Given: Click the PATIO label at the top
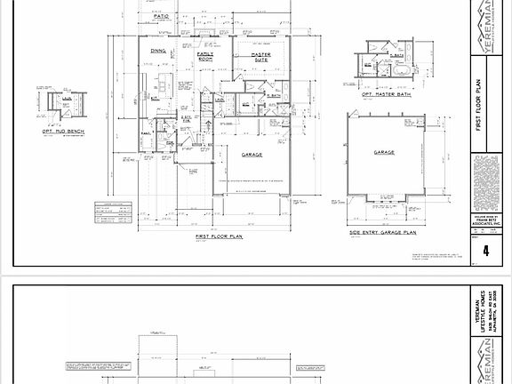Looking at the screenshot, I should tap(161, 16).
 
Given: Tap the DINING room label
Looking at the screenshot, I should tap(158, 52).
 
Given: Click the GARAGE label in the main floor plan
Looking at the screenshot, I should tap(252, 154).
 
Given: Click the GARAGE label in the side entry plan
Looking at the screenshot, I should tap(384, 153).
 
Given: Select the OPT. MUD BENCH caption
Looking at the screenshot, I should tap(60, 130).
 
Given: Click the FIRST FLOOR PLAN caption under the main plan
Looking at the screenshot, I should tap(220, 237).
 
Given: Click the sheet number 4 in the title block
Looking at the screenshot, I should tap(485, 252).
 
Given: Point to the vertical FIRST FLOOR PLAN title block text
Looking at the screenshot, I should tap(485, 107).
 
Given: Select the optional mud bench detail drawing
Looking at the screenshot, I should tap(60, 105).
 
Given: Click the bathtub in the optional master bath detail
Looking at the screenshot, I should tap(396, 71).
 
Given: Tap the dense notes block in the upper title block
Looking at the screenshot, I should tap(485, 182).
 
